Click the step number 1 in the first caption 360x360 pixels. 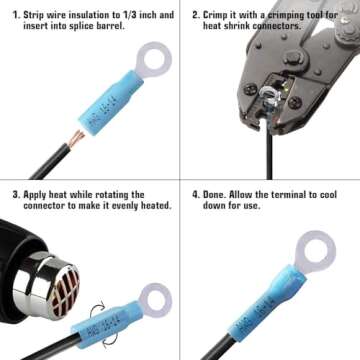tap(15, 15)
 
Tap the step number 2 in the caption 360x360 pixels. tap(195, 15)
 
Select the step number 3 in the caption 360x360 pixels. tap(15, 195)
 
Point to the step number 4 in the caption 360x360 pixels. tap(195, 195)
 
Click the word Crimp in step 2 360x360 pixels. tap(220, 15)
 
